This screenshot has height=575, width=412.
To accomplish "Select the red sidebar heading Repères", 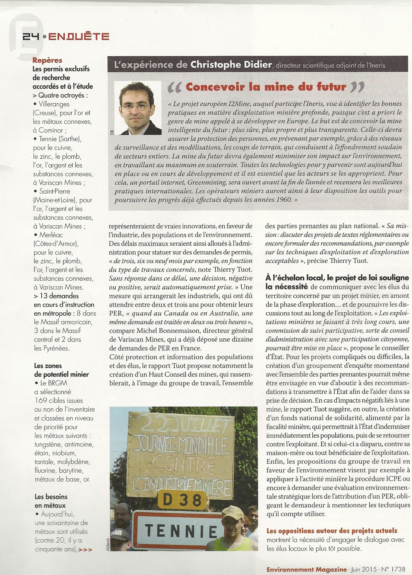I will click(47, 60).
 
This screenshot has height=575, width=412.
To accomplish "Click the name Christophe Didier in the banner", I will click(231, 65).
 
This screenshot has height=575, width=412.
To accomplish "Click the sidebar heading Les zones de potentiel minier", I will click(61, 370).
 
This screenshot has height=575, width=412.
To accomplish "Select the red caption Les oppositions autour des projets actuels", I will click(332, 531).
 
